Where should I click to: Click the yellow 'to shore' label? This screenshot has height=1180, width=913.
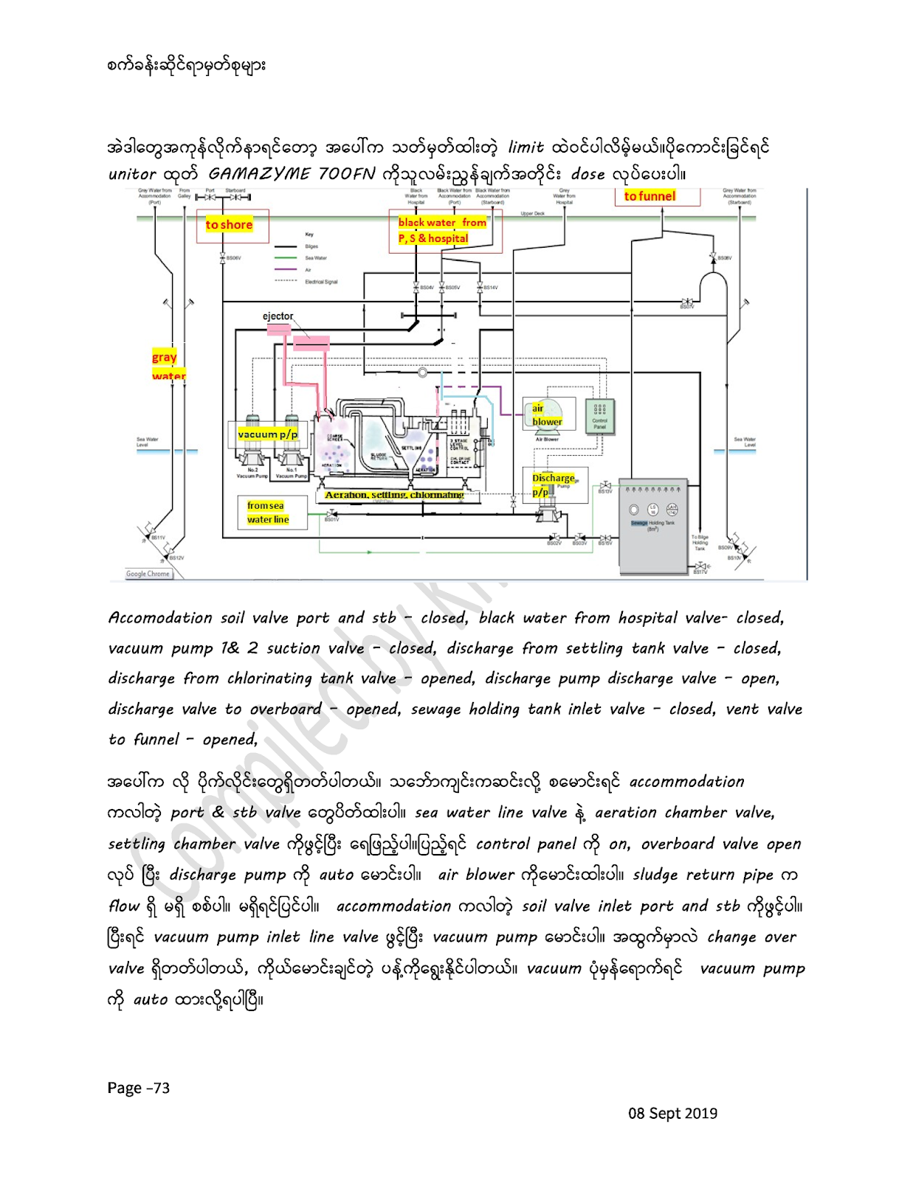pos(229,225)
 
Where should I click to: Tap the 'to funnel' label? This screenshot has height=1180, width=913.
pos(650,196)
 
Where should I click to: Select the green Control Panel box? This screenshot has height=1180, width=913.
pos(599,417)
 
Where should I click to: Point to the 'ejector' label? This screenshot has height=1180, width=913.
pos(278,316)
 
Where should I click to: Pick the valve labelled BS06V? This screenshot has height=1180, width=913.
pos(222,258)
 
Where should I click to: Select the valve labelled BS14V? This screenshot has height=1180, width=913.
pos(480,287)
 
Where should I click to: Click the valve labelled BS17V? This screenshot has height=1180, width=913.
pos(698,566)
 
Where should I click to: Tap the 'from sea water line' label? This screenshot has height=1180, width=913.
pos(267,513)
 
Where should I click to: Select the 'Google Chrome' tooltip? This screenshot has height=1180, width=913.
pos(148,574)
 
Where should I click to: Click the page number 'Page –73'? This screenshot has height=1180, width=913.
pos(139,1088)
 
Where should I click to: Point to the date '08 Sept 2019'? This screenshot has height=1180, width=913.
pos(672,1113)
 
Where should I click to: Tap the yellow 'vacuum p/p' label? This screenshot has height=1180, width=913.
pos(267,434)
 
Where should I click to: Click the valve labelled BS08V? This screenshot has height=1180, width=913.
pos(714,258)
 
